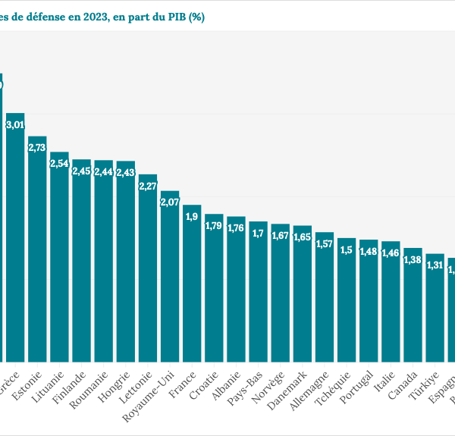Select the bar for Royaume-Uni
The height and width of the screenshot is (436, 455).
[170, 276]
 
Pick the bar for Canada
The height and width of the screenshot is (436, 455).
[413, 304]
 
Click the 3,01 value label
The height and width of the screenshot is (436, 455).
[15, 125]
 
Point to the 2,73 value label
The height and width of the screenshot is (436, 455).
[37, 148]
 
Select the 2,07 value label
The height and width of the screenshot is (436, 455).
[170, 202]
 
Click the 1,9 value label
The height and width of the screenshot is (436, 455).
[192, 217]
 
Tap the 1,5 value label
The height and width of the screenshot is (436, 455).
[347, 249]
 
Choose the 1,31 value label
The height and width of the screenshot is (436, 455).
[435, 265]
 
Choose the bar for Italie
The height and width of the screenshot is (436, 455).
[391, 301]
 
